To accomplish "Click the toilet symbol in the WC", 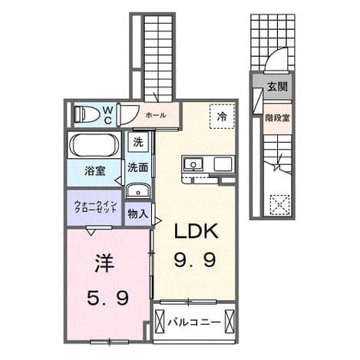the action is point(87,114).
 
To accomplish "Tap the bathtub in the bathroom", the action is point(94,145).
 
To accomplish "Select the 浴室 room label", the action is point(95,171).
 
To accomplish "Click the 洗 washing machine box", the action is point(138,142).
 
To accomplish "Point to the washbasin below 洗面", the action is point(138,190).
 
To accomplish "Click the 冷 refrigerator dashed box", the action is point(222,117).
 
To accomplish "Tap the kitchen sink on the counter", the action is point(193,163).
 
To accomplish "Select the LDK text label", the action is point(197,231).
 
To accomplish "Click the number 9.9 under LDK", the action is point(195,259).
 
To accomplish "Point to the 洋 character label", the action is point(104,263).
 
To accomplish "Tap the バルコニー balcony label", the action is point(193,322).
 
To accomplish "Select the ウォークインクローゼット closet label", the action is point(95,206).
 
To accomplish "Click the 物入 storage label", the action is point(138,214).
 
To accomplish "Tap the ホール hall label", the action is point(156,115).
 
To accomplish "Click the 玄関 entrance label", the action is point(278,87).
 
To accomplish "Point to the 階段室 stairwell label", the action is point(277,118).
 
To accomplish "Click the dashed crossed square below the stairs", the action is point(280,205).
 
